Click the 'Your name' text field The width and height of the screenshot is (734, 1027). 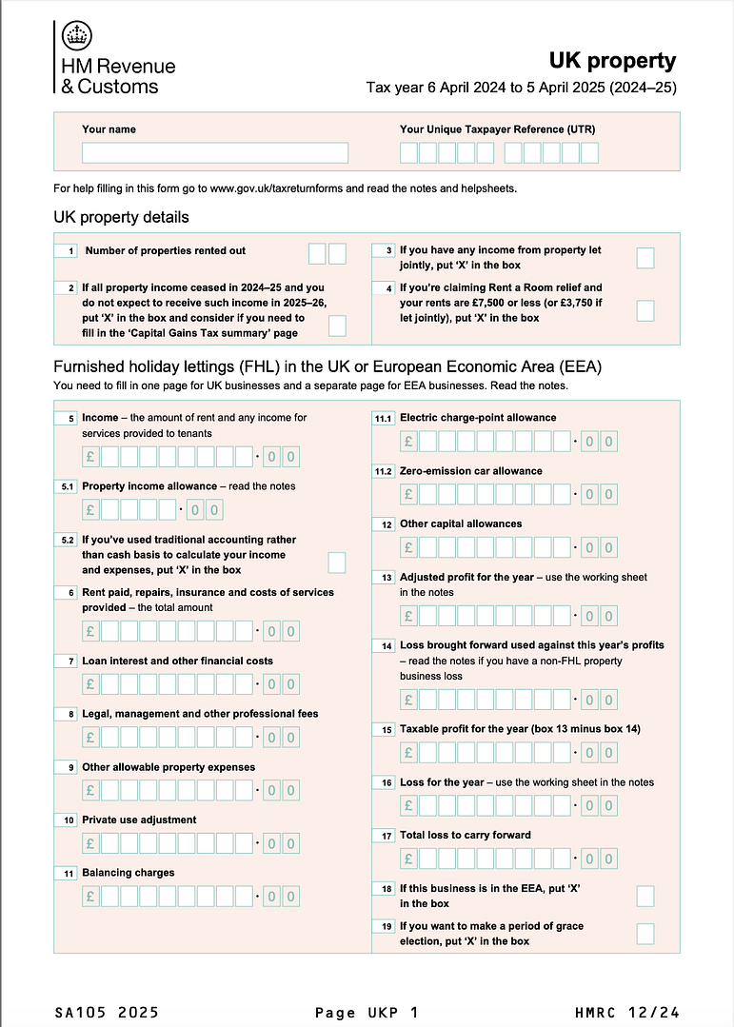coord(214,152)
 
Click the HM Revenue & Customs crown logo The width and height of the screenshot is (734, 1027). coord(77,37)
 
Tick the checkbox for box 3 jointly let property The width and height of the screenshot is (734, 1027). coord(645,257)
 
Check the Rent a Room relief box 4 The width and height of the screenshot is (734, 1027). coord(645,310)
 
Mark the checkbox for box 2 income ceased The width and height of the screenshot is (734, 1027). coord(337,326)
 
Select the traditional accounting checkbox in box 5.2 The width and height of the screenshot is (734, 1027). coord(337,563)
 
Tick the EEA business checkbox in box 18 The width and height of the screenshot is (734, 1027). coord(645,896)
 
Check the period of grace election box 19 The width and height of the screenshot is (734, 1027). coord(645,934)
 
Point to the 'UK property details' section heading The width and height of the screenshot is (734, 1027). coord(121,217)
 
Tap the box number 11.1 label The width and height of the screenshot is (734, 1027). coord(384,418)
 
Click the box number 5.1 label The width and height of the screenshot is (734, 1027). coord(68,486)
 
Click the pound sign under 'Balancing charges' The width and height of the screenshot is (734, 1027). coord(91,897)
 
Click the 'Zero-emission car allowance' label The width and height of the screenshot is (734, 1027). coord(470,471)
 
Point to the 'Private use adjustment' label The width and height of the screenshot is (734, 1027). coord(139,820)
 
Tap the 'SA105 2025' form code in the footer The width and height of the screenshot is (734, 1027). coord(107,1012)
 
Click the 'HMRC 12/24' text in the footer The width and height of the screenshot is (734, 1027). coord(626,1012)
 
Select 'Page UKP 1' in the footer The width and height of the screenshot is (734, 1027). coord(366,1012)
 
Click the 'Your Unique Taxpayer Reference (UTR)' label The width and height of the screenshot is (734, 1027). coord(497,129)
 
